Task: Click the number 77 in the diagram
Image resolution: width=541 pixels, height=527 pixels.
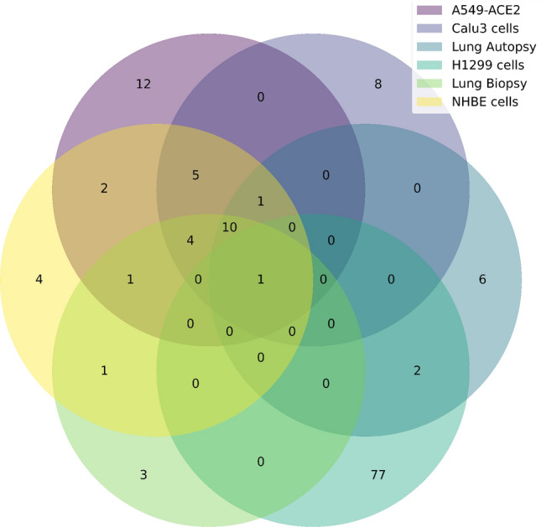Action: click(x=377, y=476)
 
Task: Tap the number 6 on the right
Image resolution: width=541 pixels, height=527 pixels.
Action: click(x=482, y=279)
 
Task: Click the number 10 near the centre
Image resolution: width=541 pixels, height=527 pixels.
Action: click(x=230, y=227)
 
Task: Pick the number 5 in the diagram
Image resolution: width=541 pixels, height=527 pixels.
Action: click(x=195, y=176)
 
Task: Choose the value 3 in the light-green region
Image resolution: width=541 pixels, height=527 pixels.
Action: click(x=143, y=476)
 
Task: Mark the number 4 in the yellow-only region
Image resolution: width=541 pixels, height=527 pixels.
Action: click(x=39, y=279)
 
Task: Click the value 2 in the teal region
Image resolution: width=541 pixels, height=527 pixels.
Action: click(x=418, y=370)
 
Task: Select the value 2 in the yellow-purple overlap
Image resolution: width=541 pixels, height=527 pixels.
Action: click(x=104, y=189)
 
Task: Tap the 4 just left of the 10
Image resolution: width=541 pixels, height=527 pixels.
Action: click(x=190, y=241)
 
